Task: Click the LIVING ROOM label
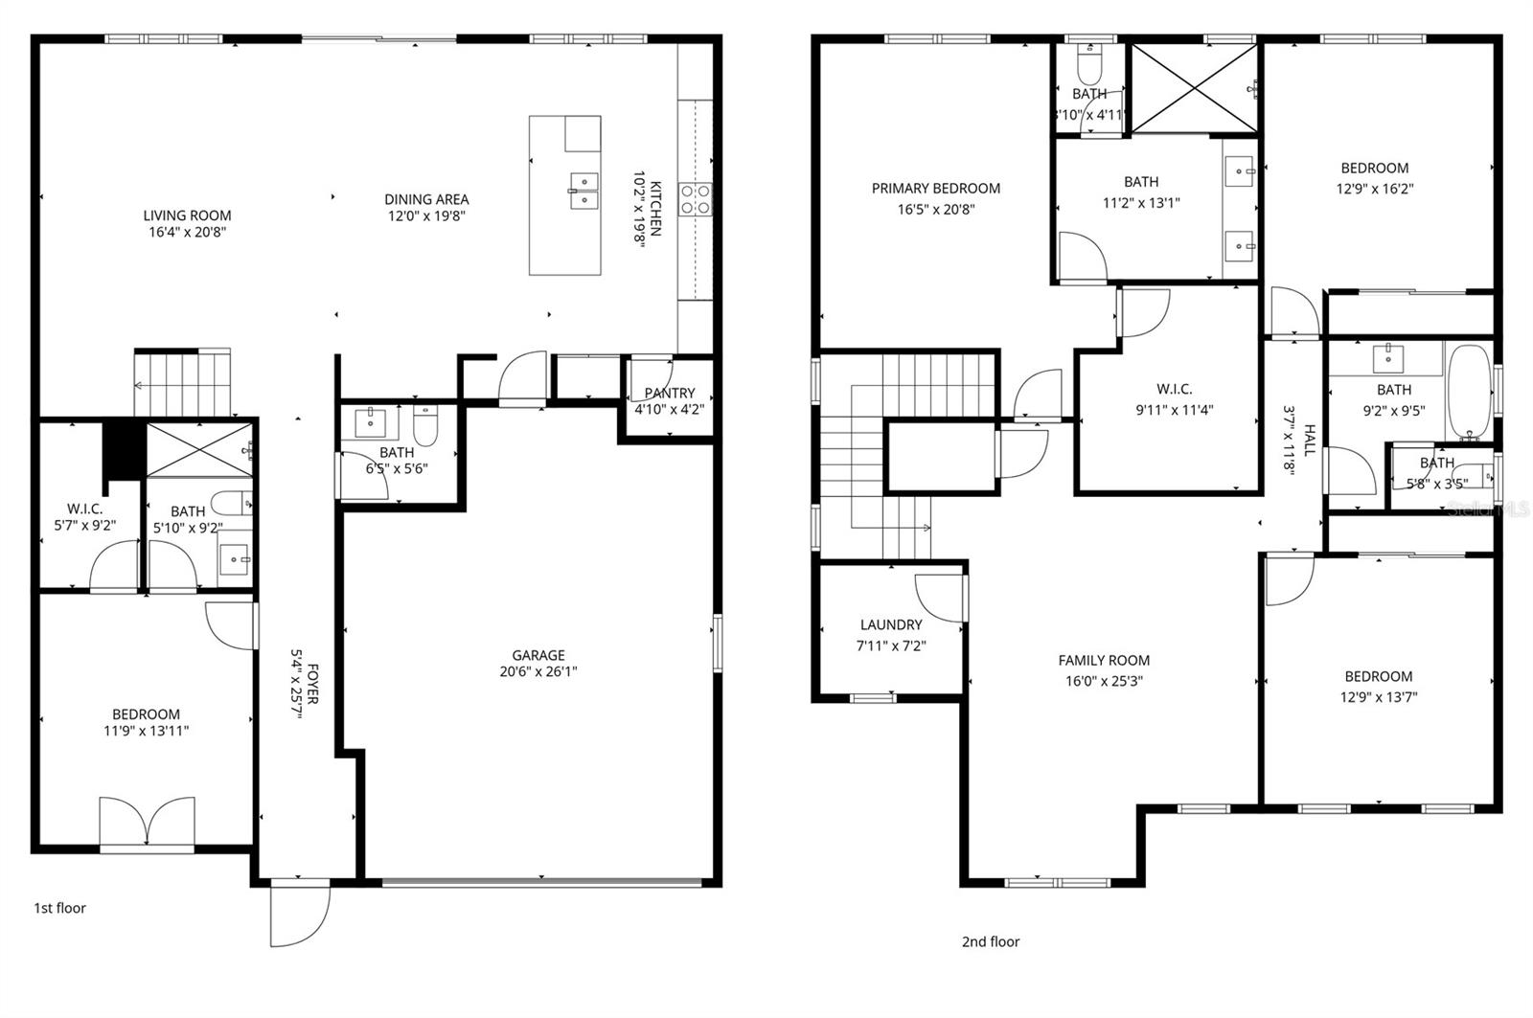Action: pyautogui.click(x=187, y=215)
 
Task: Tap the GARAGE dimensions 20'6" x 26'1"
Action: pyautogui.click(x=538, y=671)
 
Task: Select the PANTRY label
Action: pyautogui.click(x=669, y=393)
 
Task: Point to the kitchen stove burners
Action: pyautogui.click(x=695, y=198)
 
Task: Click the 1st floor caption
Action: pyautogui.click(x=59, y=908)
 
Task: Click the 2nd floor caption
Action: pyautogui.click(x=991, y=941)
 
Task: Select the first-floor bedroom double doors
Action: pyautogui.click(x=147, y=823)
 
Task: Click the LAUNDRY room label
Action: pyautogui.click(x=891, y=624)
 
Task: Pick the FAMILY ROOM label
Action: pyautogui.click(x=1104, y=660)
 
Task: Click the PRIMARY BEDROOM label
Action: pyautogui.click(x=935, y=189)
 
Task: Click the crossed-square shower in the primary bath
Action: pyautogui.click(x=1194, y=88)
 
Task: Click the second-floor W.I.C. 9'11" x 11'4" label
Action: pyautogui.click(x=1174, y=389)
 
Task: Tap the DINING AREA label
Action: pyautogui.click(x=426, y=199)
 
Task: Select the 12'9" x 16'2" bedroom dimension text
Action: pyautogui.click(x=1374, y=189)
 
